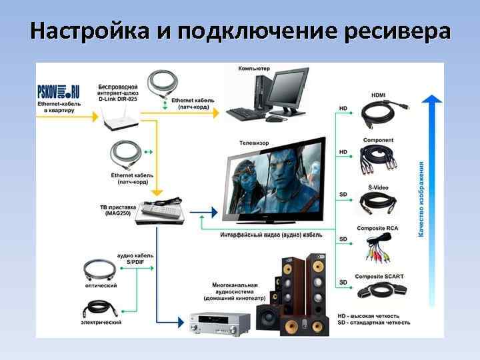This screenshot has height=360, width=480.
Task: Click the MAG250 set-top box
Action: pyautogui.click(x=158, y=213)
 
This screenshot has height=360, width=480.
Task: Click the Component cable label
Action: pyautogui.click(x=378, y=141)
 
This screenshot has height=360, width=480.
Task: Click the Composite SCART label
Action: pyautogui.click(x=378, y=276)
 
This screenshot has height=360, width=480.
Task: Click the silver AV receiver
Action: pyautogui.click(x=219, y=324)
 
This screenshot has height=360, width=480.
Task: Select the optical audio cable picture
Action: pyautogui.click(x=102, y=270)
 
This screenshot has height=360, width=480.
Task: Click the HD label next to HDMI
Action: pyautogui.click(x=343, y=108)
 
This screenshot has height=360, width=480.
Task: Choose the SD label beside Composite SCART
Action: pyautogui.click(x=343, y=283)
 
